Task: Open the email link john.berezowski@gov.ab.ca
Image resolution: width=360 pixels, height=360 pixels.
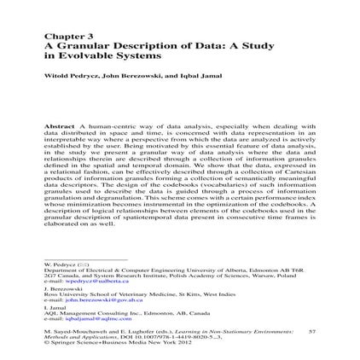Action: click(x=93, y=299)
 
